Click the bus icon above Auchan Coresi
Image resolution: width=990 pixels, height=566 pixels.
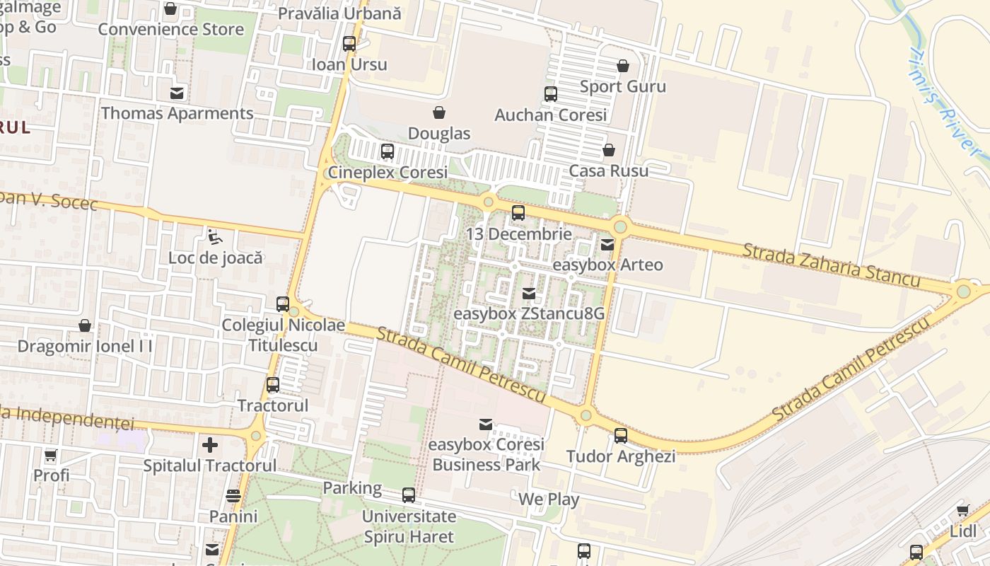[x=550, y=93]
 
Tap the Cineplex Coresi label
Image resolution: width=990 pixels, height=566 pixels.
[x=388, y=173]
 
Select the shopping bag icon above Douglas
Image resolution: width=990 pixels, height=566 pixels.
[x=439, y=112]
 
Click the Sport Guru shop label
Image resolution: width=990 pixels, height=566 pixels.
[x=622, y=86]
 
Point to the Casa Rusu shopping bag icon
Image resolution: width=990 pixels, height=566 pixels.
[x=608, y=150]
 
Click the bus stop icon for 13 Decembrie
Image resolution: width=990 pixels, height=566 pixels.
[x=518, y=212]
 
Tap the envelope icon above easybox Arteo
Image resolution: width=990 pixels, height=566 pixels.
[x=607, y=245]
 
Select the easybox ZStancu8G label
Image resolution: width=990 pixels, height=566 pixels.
[x=528, y=313]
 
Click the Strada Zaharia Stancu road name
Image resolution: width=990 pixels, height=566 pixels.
[x=831, y=265]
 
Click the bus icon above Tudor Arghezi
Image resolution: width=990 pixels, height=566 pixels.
[x=620, y=436]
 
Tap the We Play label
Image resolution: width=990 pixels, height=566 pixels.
[x=549, y=499]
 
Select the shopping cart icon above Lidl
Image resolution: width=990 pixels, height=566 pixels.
[x=962, y=510]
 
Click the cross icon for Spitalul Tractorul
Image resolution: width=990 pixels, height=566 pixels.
[x=210, y=445]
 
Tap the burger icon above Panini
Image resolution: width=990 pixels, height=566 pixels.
[x=233, y=496]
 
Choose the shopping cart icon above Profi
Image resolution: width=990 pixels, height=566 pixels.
[x=51, y=455]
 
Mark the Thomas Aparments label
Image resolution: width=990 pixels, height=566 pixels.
[x=177, y=113]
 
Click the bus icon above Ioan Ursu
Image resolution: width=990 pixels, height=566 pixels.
[x=349, y=44]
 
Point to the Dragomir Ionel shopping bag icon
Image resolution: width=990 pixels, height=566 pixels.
[x=85, y=325]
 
